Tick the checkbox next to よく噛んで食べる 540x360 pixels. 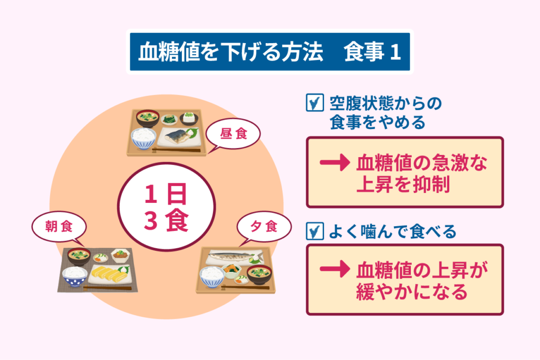(x=314, y=231)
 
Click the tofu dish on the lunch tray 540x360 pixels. (x=189, y=118)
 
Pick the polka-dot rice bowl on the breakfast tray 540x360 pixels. (x=74, y=276)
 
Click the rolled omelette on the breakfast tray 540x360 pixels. (x=109, y=273)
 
